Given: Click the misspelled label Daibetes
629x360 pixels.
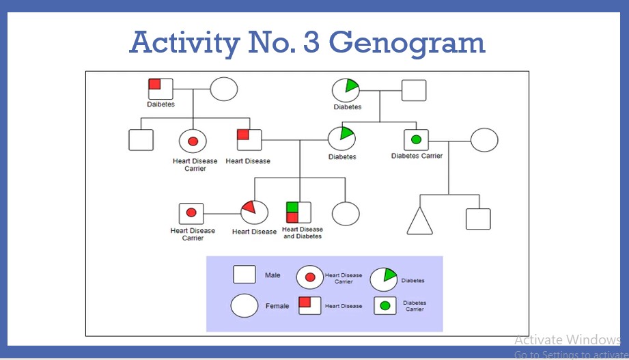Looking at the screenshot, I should point(160,105).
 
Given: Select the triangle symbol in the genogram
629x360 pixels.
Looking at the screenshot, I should point(420,220).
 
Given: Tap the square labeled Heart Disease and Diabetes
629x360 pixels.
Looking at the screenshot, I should point(299,212).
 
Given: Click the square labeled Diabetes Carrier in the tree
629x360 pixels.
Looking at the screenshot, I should point(416,140).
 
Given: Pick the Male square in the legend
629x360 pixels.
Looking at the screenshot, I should point(244,275).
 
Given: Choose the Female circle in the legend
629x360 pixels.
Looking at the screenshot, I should point(244,305).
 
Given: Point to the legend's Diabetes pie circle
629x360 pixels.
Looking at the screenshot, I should point(383,279).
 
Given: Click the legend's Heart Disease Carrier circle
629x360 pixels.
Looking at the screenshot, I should point(309,277).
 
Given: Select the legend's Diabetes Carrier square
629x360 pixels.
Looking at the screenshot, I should point(385,305).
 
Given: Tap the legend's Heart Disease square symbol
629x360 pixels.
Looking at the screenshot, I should point(309,305).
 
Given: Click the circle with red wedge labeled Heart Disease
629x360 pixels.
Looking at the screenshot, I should point(253,212).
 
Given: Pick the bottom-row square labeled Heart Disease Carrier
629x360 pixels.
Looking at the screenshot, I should point(191,213).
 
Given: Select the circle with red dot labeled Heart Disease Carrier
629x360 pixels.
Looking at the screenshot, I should point(193,141).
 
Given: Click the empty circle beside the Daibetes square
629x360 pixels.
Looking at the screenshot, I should point(223,89).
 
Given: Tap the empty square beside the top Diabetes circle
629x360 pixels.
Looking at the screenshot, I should point(414,90).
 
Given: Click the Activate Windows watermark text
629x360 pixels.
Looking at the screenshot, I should point(567,340).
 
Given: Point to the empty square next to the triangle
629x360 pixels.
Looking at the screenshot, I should point(478,219).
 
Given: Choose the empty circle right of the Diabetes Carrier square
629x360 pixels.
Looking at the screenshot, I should point(484,140).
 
